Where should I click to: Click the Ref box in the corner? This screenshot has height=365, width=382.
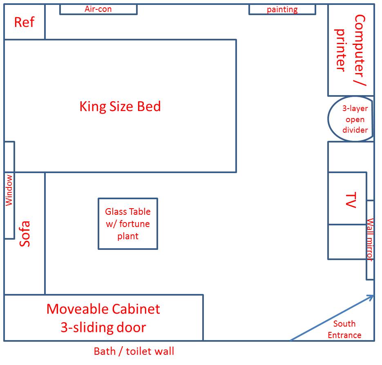click(x=24, y=22)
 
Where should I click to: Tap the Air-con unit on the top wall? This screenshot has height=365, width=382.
click(x=98, y=9)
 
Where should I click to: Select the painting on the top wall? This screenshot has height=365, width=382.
click(x=282, y=9)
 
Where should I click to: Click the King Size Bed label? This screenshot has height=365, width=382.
click(x=120, y=107)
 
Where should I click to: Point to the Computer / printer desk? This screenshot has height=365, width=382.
click(x=351, y=50)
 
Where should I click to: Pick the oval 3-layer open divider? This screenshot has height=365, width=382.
click(x=351, y=119)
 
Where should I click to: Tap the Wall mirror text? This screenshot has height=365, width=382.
click(x=370, y=240)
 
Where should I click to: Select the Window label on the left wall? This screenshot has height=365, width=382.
click(x=9, y=190)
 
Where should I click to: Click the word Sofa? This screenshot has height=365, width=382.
click(x=25, y=234)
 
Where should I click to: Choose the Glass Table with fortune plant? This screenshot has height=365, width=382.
click(x=128, y=223)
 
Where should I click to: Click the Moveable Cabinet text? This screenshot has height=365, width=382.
click(x=103, y=309)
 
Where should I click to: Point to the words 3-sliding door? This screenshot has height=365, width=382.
click(x=103, y=327)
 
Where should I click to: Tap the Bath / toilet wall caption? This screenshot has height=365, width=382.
click(x=134, y=351)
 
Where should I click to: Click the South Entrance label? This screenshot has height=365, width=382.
click(x=344, y=329)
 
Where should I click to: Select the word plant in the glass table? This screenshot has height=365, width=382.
click(x=128, y=236)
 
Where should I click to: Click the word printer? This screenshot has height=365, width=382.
click(x=340, y=50)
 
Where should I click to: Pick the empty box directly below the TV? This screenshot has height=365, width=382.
click(x=347, y=242)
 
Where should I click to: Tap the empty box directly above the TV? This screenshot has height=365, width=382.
click(x=351, y=157)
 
